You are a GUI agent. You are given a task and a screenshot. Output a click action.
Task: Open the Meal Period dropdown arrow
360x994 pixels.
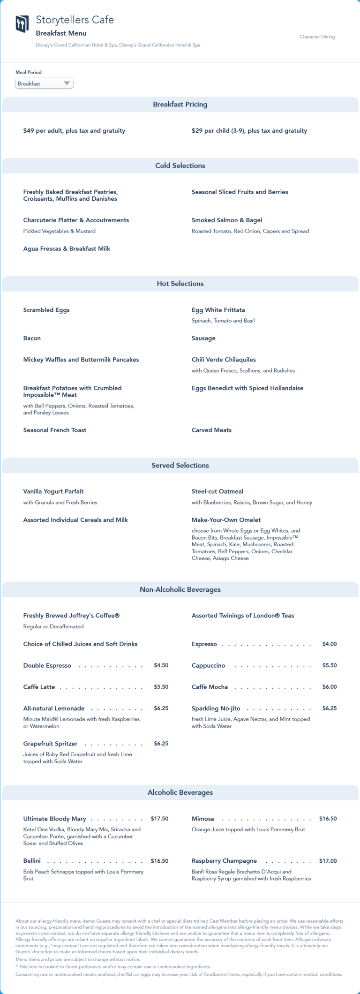click(x=67, y=83)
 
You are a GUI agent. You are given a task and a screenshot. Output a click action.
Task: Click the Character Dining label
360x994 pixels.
click(x=317, y=37)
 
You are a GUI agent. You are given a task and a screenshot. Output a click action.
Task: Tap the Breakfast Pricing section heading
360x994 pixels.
click(x=180, y=105)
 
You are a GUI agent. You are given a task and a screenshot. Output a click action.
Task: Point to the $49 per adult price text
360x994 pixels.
click(x=74, y=131)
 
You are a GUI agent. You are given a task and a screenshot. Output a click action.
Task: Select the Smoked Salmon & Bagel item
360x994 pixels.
click(x=226, y=220)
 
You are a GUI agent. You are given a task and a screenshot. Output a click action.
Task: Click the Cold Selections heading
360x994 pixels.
click(x=180, y=166)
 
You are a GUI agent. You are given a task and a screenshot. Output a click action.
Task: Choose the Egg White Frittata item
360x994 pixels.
click(x=218, y=310)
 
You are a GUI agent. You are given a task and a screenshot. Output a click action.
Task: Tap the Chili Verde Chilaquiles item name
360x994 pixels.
click(x=224, y=360)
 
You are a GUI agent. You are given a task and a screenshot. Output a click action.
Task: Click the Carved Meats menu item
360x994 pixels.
click(x=211, y=430)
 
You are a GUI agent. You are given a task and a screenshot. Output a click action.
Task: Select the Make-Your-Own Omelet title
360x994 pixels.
click(x=226, y=520)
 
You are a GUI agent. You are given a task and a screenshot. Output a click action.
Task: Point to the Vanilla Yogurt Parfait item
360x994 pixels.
click(x=53, y=491)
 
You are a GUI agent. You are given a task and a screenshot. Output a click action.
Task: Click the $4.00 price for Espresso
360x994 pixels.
click(x=329, y=644)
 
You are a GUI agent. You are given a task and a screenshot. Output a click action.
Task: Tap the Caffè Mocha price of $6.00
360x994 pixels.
click(x=329, y=687)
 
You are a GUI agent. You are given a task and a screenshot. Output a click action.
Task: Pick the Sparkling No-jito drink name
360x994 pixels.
click(x=216, y=708)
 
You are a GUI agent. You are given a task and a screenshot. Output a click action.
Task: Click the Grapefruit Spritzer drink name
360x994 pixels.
click(x=50, y=744)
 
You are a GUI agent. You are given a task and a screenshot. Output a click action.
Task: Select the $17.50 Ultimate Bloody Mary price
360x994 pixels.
click(x=159, y=819)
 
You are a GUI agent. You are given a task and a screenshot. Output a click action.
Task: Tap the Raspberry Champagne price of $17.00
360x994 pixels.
click(x=328, y=861)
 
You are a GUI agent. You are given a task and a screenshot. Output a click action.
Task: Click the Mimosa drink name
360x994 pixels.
click(x=202, y=819)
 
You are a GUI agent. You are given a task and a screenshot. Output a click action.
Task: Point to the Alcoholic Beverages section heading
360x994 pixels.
click(x=180, y=792)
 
